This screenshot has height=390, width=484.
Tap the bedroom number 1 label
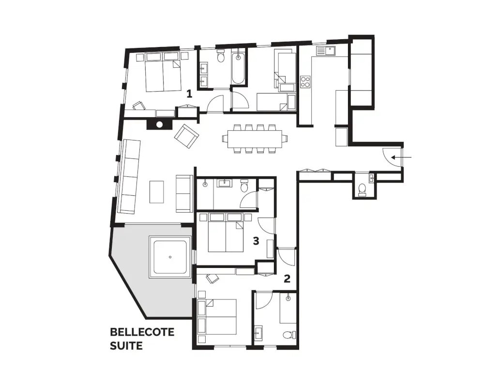(189, 94)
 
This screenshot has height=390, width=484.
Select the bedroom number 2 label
(287, 279)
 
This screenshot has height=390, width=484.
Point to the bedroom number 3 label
(256, 241)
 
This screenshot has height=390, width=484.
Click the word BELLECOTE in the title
(142, 332)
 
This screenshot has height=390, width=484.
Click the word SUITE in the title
(126, 345)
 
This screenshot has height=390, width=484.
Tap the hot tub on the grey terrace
(170, 257)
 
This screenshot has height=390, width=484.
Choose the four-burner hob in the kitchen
(305, 81)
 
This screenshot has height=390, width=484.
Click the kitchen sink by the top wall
(326, 50)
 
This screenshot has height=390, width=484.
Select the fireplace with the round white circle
(159, 125)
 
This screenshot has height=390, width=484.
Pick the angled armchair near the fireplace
(186, 137)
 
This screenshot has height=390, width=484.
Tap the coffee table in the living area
(157, 192)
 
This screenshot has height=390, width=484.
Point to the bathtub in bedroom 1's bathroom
(238, 69)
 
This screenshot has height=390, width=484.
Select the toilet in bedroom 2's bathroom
(289, 335)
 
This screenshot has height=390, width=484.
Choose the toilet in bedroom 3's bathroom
(244, 185)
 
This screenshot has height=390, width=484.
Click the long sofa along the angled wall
(128, 176)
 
